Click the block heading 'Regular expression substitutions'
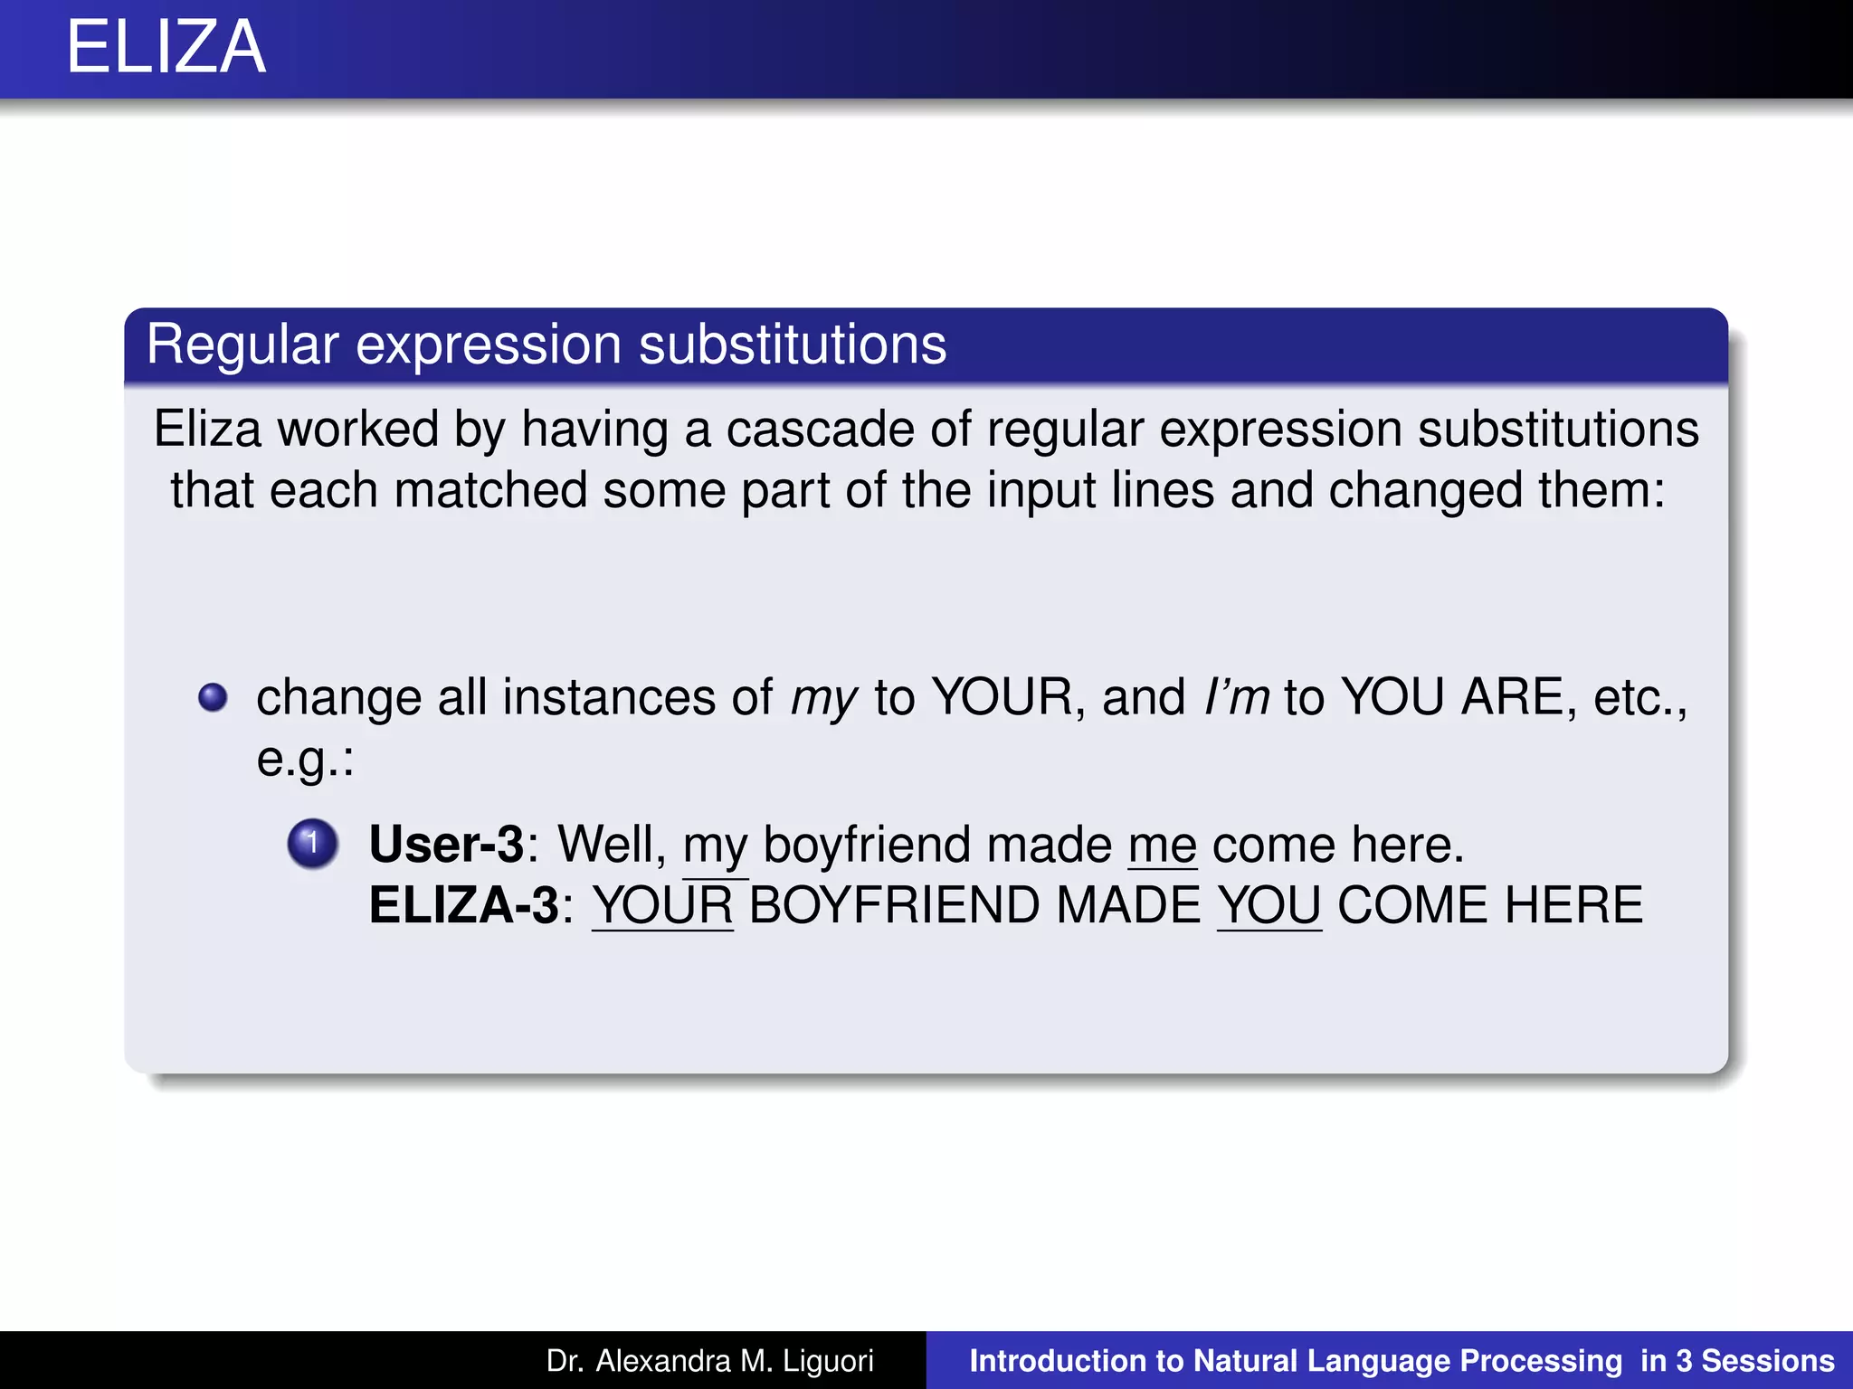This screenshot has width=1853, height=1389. (x=546, y=345)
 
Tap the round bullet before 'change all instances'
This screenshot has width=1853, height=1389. (x=214, y=697)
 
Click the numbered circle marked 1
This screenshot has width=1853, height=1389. (x=312, y=844)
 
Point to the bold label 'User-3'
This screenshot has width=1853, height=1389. (x=447, y=845)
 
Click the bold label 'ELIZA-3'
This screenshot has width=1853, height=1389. (x=464, y=905)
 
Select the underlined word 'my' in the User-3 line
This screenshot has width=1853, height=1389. (x=715, y=846)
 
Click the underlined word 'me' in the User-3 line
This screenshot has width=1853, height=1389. (x=1163, y=846)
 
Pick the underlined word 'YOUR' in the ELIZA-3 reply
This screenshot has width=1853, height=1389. (x=662, y=905)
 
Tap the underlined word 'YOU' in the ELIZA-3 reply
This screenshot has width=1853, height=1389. (x=1269, y=905)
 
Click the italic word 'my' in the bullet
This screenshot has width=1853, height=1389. (x=823, y=698)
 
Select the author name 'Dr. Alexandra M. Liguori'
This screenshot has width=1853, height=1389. (x=710, y=1361)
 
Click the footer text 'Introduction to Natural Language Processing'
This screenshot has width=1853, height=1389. (x=1296, y=1361)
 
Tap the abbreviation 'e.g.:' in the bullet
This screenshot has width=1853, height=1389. (x=305, y=759)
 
